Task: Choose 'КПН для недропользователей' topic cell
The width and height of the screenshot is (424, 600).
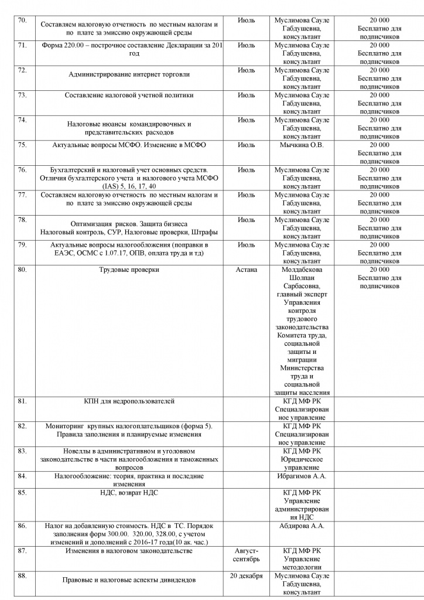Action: (x=129, y=401)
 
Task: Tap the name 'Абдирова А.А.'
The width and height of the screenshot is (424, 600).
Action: (x=302, y=526)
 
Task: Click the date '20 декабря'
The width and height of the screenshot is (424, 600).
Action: (x=247, y=575)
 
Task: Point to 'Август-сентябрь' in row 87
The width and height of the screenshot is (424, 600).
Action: (x=247, y=555)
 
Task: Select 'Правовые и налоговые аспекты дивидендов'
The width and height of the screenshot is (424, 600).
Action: (x=129, y=580)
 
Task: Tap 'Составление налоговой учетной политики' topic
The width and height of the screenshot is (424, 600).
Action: (x=129, y=95)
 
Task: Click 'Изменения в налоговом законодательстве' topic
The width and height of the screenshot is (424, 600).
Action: (x=129, y=551)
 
